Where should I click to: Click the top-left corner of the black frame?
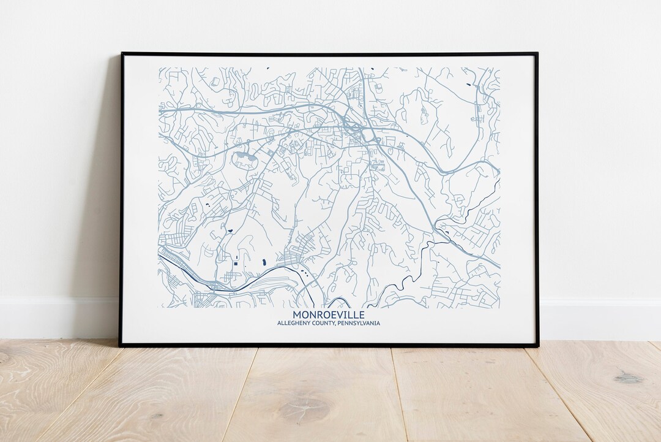coord(121,54)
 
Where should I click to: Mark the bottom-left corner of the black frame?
coord(120,346)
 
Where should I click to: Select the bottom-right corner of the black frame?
coord(538,346)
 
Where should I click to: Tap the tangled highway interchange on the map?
coord(353,127)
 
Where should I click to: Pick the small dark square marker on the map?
coord(234,264)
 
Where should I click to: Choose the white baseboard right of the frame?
coord(600,319)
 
